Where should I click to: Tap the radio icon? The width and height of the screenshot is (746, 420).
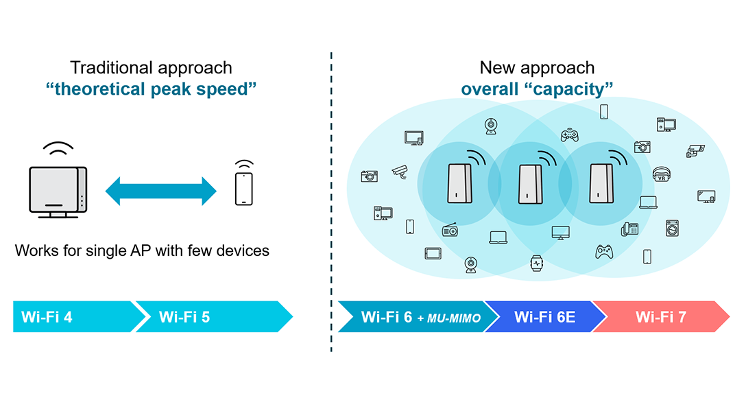click(450, 229)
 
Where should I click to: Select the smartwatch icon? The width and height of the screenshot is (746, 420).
click(536, 261)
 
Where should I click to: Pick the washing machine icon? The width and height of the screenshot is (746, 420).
click(671, 228)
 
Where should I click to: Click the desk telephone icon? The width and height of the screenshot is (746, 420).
click(629, 228)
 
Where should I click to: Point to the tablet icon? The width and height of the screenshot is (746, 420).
click(432, 253)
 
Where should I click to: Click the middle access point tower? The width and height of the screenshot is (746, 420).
click(528, 183)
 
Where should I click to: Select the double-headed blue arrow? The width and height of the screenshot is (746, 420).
click(161, 190)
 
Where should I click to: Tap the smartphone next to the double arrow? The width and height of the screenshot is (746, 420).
click(243, 188)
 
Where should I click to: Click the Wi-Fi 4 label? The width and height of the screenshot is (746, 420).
click(47, 317)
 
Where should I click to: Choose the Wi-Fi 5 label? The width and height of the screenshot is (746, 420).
click(184, 317)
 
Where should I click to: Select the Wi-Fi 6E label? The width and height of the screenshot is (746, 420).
click(544, 317)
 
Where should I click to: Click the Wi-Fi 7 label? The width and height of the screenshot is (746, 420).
click(660, 317)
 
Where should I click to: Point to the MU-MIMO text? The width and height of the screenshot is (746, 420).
click(453, 318)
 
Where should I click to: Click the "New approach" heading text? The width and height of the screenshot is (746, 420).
click(537, 67)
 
